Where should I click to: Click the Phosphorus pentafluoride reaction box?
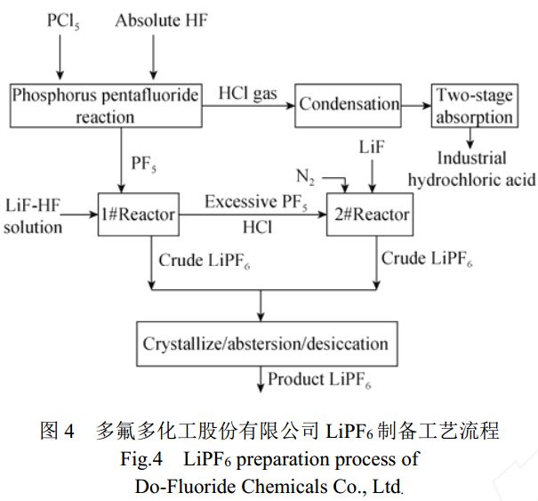click(x=105, y=104)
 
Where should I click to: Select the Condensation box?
click(x=349, y=104)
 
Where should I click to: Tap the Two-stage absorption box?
click(x=473, y=104)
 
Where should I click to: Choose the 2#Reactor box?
click(x=368, y=214)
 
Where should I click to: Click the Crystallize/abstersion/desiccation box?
click(x=264, y=343)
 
